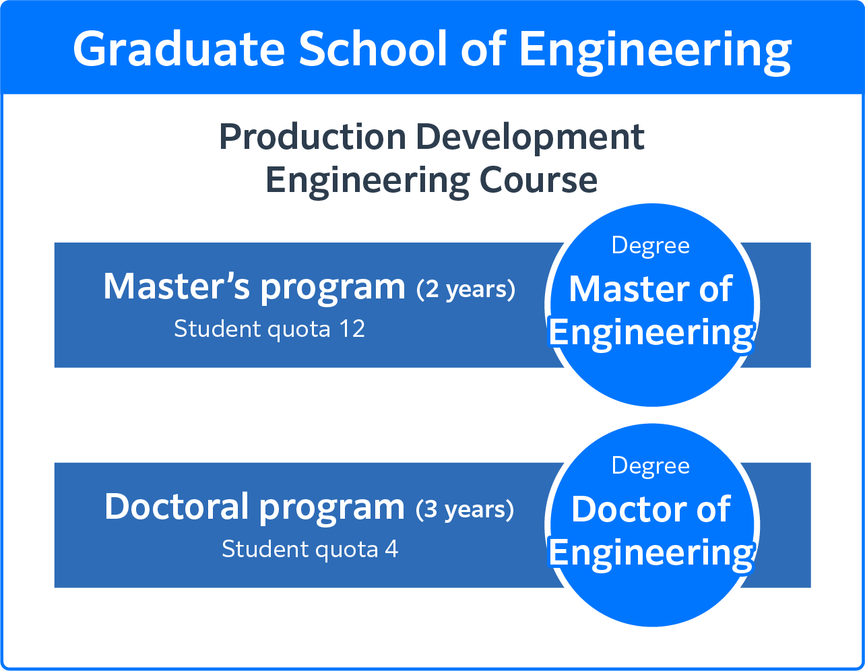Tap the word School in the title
(373, 49)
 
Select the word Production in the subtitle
(313, 137)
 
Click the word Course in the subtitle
(538, 181)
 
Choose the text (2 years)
(466, 289)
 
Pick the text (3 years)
(465, 509)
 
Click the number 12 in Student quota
(352, 329)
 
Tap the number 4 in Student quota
(391, 549)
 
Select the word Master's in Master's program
(177, 286)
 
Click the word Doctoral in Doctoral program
(177, 506)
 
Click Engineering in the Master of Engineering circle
(651, 333)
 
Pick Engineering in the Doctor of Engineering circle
(651, 554)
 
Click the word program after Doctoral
(332, 509)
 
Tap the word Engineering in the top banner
(655, 51)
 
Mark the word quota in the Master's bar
(299, 331)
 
